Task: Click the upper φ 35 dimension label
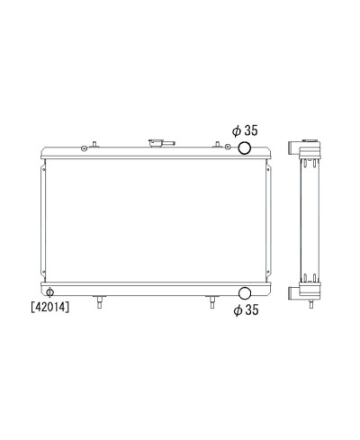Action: [245, 130]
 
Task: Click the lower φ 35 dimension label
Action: [246, 310]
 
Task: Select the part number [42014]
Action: [49, 307]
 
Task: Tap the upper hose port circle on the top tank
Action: [245, 148]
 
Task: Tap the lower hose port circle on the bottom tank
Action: [245, 293]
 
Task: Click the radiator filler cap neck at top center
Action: [161, 143]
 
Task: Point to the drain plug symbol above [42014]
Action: [49, 292]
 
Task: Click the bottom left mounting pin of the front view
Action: [99, 301]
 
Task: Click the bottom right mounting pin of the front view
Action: [211, 301]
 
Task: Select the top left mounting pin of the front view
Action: [94, 144]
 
